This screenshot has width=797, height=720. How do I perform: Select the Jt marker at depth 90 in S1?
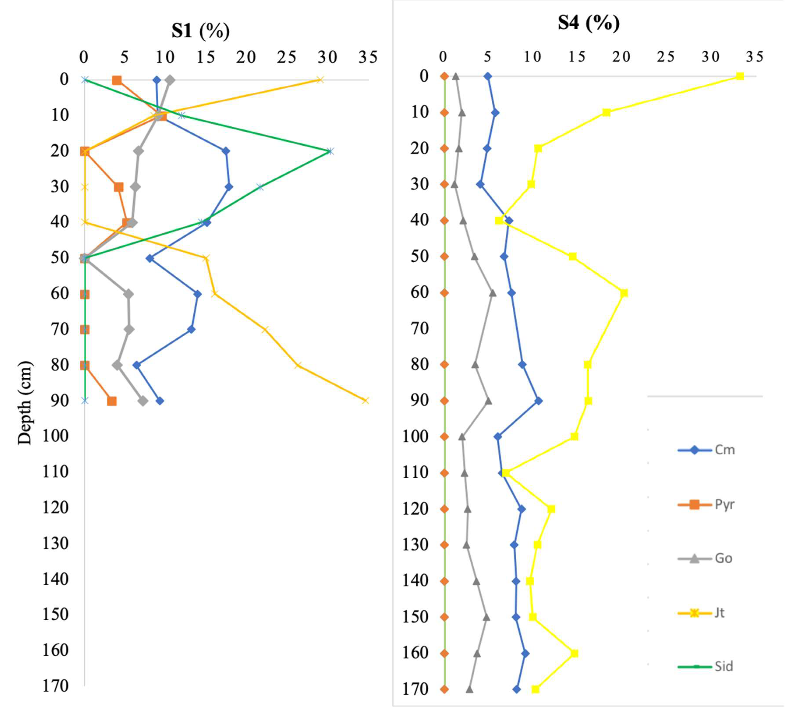tap(365, 401)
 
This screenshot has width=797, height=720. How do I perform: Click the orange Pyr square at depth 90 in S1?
tap(112, 401)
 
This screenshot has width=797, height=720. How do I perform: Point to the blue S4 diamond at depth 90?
tap(538, 401)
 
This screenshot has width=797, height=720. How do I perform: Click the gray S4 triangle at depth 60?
tap(492, 293)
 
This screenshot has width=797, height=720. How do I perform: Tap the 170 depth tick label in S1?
tap(55, 686)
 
